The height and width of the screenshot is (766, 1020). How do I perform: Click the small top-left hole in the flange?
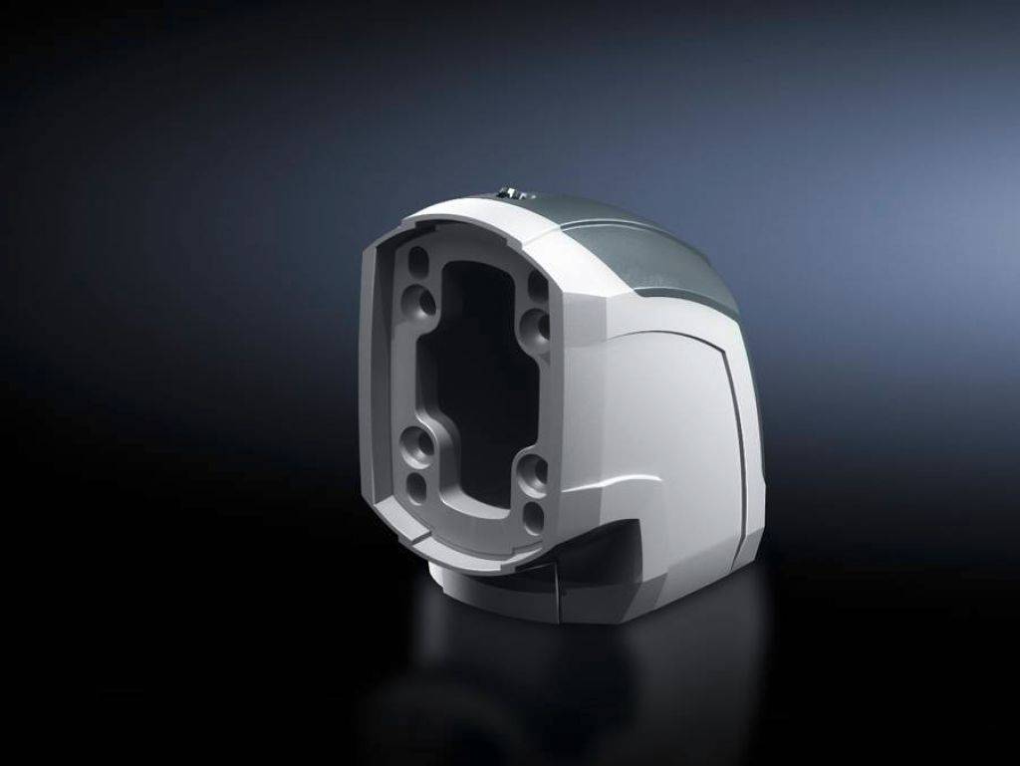[418, 261]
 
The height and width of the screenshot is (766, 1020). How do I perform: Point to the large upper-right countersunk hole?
[535, 325]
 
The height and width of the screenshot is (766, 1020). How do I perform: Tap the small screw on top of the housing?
[508, 192]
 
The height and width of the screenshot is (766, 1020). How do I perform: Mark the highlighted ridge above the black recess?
[608, 503]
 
